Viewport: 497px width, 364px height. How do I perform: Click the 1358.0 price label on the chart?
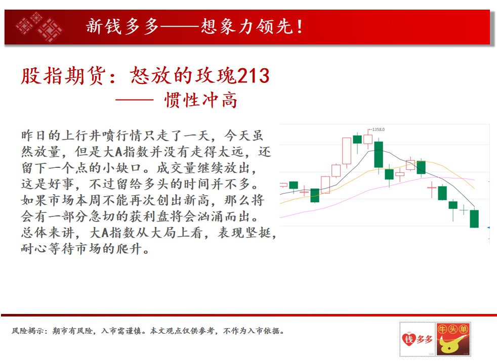coord(378,129)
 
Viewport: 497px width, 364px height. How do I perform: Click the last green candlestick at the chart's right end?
coord(474,218)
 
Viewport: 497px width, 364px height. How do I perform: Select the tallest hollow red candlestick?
coord(347,151)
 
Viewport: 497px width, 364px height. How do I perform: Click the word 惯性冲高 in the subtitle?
coord(200,100)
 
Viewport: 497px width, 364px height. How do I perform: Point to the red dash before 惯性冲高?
coord(135,100)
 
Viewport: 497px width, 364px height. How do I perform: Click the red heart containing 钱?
coord(408,339)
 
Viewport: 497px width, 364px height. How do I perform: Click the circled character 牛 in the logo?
coord(442,329)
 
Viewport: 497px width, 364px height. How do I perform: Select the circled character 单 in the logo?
coord(463,329)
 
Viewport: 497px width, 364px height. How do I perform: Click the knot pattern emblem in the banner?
coord(39,27)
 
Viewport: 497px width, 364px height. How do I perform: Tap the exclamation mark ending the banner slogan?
coord(300,27)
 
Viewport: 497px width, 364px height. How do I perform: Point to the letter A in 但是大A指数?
coord(119,152)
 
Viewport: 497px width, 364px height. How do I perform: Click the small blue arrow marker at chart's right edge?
coord(488,227)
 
